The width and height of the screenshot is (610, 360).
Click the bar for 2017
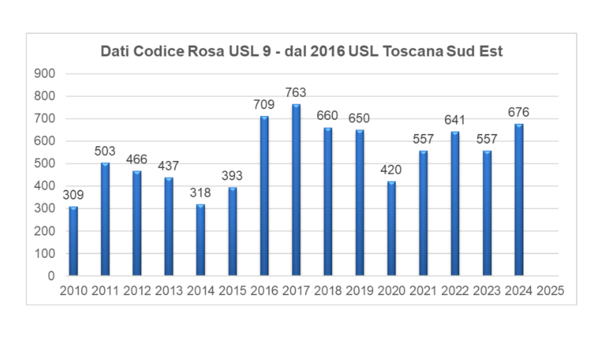(x=296, y=190)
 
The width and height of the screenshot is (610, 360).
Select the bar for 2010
(x=73, y=241)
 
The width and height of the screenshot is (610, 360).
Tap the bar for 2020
(x=391, y=228)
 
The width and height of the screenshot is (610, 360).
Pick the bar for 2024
(x=519, y=200)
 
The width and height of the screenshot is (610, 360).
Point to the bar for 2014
(x=200, y=240)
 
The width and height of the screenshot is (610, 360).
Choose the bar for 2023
(x=487, y=213)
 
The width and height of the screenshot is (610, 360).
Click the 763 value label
(x=296, y=93)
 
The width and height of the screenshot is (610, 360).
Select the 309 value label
(x=73, y=195)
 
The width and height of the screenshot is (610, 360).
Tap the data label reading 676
(x=519, y=112)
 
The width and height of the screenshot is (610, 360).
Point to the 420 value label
(x=391, y=170)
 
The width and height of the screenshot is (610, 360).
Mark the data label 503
(x=105, y=151)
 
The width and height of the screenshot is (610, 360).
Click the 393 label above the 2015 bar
(x=232, y=176)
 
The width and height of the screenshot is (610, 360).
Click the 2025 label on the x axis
(x=550, y=291)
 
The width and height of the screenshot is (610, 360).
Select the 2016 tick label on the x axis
(x=264, y=291)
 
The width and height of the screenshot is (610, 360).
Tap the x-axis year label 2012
(x=137, y=291)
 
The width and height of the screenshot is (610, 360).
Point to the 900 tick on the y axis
(x=44, y=74)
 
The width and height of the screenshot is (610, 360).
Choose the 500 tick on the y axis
(x=44, y=164)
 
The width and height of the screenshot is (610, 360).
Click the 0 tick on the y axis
(x=51, y=277)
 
